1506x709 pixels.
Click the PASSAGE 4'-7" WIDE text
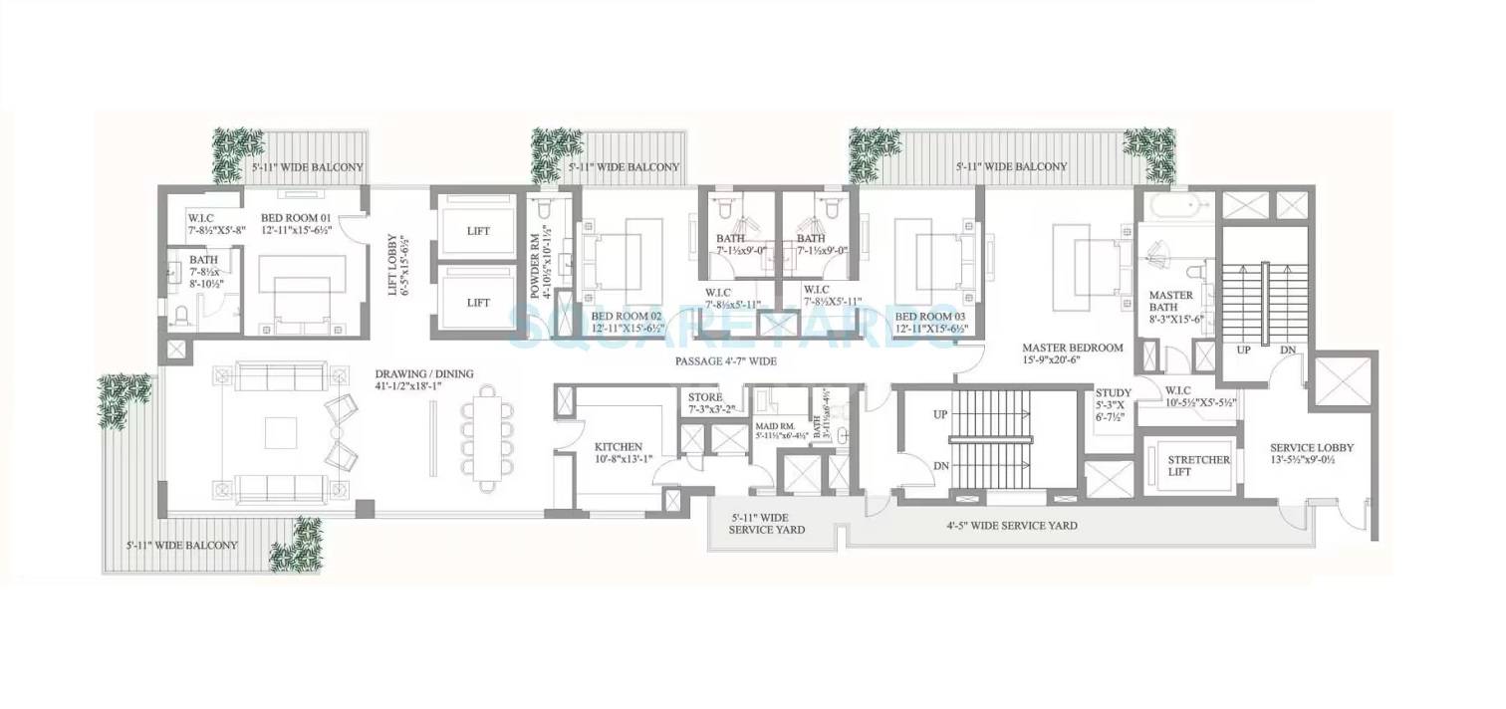(725, 360)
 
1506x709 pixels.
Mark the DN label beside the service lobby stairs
(1288, 351)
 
